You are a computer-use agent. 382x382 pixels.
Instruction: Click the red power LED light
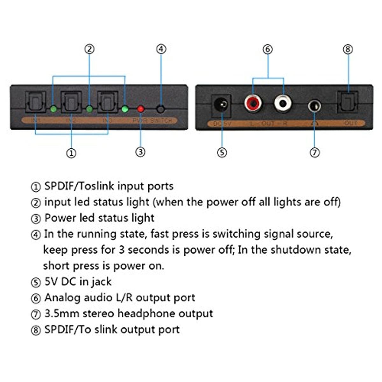[x=141, y=109]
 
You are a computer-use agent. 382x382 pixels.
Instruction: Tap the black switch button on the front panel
[x=161, y=109]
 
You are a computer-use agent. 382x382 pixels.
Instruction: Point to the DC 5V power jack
[x=221, y=104]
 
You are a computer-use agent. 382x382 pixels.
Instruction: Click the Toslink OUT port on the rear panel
[x=347, y=102]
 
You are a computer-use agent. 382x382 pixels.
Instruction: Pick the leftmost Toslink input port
[x=35, y=102]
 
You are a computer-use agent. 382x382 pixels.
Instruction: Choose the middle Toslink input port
[x=71, y=102]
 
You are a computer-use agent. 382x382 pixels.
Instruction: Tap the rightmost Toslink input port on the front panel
[x=108, y=102]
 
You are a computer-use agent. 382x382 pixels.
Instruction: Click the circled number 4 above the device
[x=161, y=49]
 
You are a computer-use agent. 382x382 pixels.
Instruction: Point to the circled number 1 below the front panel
[x=71, y=153]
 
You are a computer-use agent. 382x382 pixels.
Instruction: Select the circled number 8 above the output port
[x=348, y=49]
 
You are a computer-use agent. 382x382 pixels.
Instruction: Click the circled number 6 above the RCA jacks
[x=268, y=49]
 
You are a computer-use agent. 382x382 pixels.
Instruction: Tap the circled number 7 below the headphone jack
[x=315, y=152]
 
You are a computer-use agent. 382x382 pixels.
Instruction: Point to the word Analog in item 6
[x=62, y=298]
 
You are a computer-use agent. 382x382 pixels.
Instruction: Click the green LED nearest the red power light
[x=125, y=109]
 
